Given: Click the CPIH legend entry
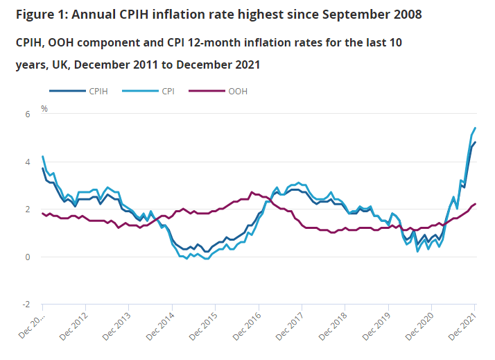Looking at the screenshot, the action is coord(78,92).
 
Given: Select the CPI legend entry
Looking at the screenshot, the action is coord(148,92).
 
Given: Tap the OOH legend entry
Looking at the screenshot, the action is coord(218,92).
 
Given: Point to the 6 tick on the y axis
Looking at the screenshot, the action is coord(28,114).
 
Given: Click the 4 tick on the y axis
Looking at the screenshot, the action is coord(28,162).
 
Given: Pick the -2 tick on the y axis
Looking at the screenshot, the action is coord(26,305).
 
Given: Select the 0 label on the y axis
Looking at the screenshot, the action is coord(28,257).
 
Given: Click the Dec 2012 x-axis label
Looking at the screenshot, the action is coord(73,327).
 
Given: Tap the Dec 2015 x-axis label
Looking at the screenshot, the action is coord(202,327).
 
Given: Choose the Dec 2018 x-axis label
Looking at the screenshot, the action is coord(332,327).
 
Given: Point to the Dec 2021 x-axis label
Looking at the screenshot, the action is coord(462,327).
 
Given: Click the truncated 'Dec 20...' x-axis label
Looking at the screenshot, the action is coord(31,326).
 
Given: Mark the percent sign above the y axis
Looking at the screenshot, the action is coord(44,109).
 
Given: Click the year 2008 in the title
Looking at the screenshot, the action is coord(408,15).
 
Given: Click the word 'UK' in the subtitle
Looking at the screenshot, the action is coord(60,65).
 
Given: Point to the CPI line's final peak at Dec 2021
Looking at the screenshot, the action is coord(475,128).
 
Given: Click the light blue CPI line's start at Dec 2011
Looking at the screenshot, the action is coord(42,156).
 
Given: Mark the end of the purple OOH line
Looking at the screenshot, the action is coord(475,204).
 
